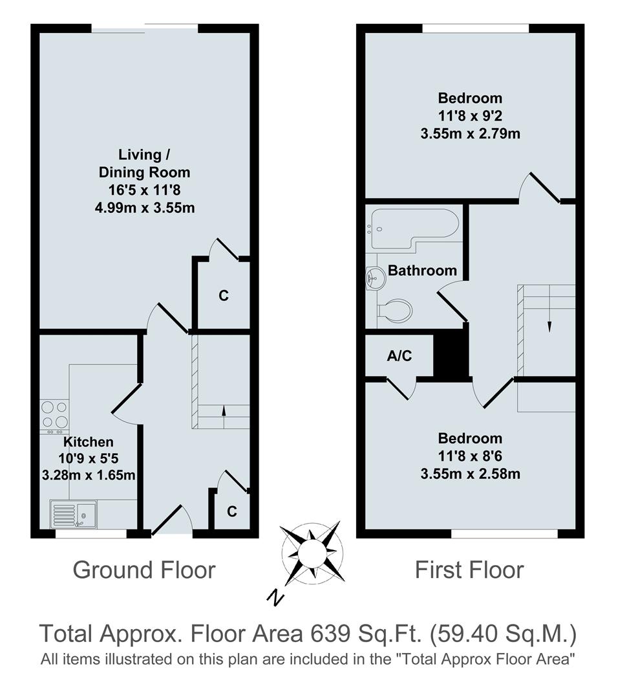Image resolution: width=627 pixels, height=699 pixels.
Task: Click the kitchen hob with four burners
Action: (54, 416)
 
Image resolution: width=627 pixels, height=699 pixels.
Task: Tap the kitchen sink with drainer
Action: (72, 515)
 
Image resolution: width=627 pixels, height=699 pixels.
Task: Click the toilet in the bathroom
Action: (394, 311)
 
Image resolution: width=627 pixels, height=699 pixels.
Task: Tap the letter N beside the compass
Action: (277, 598)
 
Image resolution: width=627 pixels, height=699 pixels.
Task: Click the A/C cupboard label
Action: (399, 355)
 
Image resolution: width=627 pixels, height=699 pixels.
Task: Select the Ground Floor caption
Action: (143, 570)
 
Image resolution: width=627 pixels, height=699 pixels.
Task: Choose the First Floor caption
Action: (469, 570)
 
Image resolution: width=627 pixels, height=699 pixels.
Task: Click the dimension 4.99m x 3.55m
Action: (144, 208)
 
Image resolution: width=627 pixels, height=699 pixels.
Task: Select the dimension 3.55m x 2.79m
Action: (470, 135)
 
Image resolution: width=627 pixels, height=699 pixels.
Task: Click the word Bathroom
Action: (422, 271)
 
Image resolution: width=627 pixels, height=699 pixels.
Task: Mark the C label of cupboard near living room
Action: (223, 296)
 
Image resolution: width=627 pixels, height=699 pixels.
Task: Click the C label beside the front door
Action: (231, 511)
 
